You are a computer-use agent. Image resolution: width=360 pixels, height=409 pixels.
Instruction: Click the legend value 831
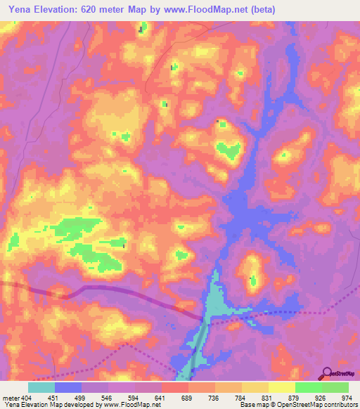[268, 397]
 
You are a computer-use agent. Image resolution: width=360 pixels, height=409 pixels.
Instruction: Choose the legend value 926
[321, 397]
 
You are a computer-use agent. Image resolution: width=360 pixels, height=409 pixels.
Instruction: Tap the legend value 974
[346, 397]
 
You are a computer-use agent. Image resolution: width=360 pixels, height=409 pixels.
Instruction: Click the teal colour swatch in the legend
[41, 387]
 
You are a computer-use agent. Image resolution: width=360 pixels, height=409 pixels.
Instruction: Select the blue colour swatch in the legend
[68, 387]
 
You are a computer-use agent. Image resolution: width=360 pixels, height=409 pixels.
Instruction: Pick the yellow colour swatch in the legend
[281, 387]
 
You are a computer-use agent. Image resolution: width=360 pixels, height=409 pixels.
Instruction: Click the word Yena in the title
[19, 9]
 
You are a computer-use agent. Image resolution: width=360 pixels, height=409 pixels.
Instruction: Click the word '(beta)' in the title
[268, 9]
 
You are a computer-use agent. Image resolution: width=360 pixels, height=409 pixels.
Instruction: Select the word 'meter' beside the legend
[11, 397]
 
